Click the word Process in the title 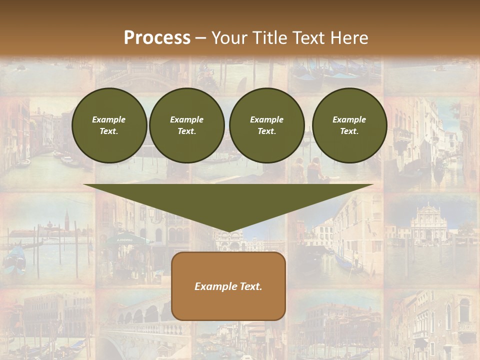click(x=157, y=38)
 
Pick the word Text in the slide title click(x=307, y=38)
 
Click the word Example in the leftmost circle click(x=109, y=119)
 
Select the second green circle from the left click(x=186, y=125)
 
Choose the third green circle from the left click(x=266, y=125)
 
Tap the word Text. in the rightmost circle click(x=349, y=131)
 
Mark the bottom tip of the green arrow click(x=228, y=232)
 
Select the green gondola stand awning click(x=127, y=239)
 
